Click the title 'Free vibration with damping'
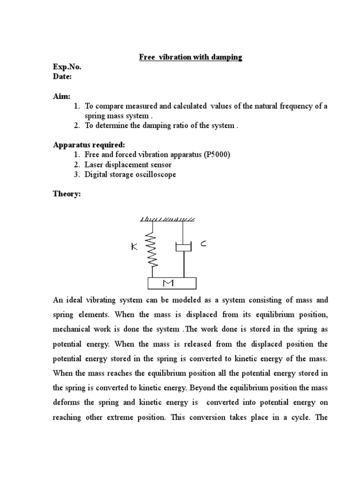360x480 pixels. point(190,57)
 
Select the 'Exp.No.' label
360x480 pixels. point(67,67)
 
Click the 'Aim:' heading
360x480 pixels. point(61,96)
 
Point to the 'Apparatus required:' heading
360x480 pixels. point(89,145)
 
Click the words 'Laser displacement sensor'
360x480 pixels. point(128,165)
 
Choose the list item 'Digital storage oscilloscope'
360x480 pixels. point(131,174)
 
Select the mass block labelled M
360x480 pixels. point(172,284)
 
